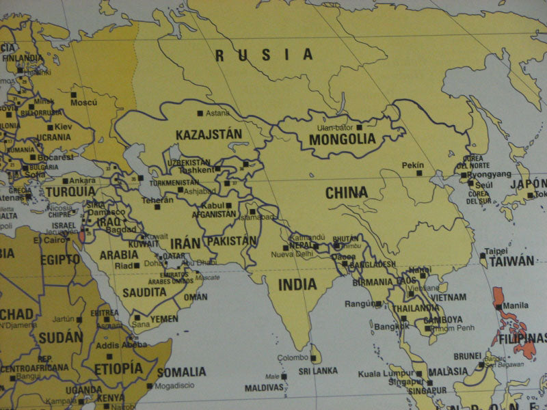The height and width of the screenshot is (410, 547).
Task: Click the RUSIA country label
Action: (263, 55)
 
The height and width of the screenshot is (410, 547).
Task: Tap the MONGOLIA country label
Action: (343, 139)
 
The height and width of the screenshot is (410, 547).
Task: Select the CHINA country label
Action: (346, 193)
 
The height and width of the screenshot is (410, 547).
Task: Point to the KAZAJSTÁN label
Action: (209, 134)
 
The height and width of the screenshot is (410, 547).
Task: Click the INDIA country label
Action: (297, 284)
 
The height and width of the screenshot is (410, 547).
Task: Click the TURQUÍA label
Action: (70, 192)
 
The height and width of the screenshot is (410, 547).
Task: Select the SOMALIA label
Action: (181, 372)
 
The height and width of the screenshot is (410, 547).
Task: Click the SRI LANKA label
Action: (318, 371)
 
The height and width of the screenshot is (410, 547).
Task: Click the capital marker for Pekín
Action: (419, 173)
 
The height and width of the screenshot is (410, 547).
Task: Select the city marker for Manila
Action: (498, 307)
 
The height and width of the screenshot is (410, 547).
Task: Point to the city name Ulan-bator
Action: (335, 127)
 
